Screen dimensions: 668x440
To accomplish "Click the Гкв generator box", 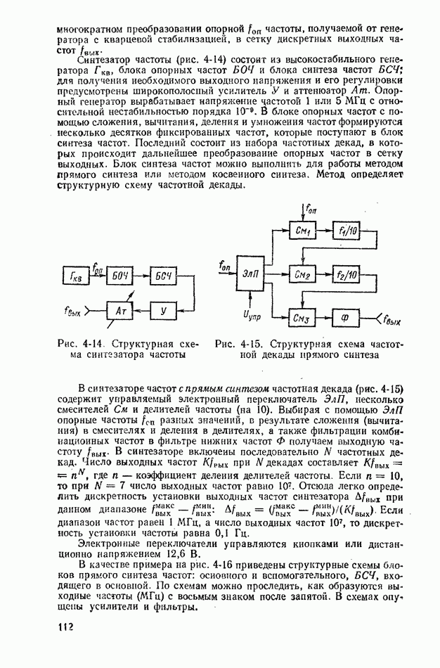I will pyautogui.click(x=76, y=276).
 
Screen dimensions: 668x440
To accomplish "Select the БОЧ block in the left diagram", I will pyautogui.click(x=120, y=276).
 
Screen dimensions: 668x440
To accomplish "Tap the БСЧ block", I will pyautogui.click(x=164, y=276).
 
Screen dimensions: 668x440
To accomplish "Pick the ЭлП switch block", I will pyautogui.click(x=251, y=274).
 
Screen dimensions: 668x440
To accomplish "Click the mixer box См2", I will pyautogui.click(x=303, y=274).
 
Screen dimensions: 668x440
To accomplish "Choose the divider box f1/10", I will pyautogui.click(x=347, y=231).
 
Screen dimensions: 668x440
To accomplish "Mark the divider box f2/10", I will pyautogui.click(x=347, y=274).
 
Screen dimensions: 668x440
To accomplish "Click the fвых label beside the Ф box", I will pyautogui.click(x=389, y=321).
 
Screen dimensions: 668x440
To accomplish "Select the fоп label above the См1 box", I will pyautogui.click(x=311, y=209).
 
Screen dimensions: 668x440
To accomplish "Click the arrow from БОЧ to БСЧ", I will pyautogui.click(x=142, y=276).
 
